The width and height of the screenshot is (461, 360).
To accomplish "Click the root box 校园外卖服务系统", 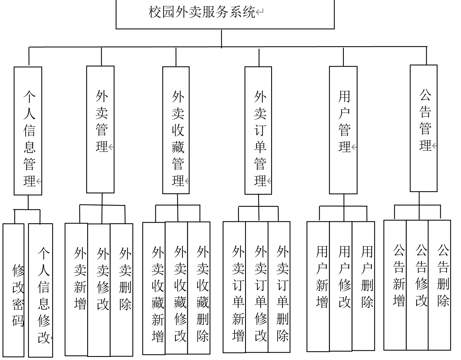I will coord(225,14).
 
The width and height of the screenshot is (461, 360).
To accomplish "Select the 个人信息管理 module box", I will coord(28,131).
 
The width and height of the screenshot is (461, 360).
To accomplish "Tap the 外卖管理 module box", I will coord(100,129).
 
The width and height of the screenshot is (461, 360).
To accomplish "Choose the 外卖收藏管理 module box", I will coord(176,130).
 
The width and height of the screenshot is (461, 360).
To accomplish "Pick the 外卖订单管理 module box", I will coord(258,130).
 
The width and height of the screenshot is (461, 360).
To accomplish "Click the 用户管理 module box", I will coord(343,130).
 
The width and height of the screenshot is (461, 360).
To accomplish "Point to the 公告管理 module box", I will coord(424,128).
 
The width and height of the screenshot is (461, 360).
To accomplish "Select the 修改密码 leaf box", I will coord(13,290).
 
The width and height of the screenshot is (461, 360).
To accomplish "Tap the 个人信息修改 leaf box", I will coord(41,290).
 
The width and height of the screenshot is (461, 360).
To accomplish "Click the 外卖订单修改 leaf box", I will coord(257,287).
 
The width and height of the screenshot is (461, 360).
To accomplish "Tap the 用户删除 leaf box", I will coord(363,286).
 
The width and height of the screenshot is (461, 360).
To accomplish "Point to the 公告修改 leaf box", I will coord(417,285).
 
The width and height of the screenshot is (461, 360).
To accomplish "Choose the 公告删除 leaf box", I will coord(439,285).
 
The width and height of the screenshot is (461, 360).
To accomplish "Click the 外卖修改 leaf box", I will coord(99,290).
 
